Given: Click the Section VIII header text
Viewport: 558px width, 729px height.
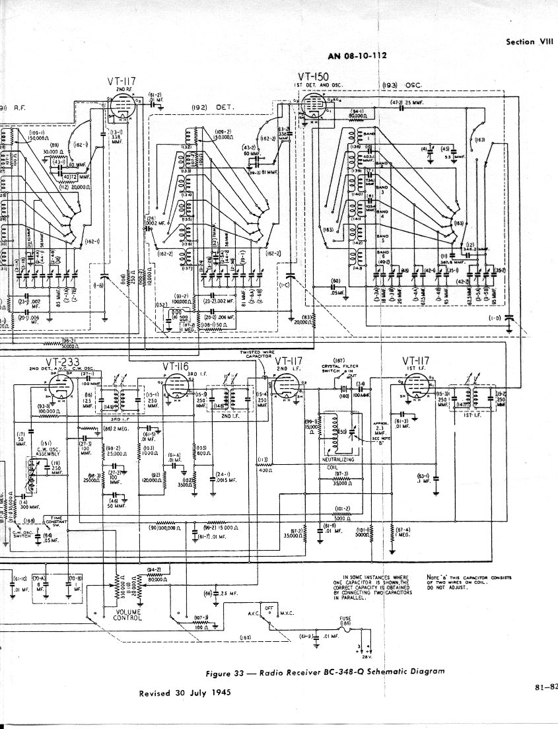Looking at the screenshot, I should pyautogui.click(x=529, y=42).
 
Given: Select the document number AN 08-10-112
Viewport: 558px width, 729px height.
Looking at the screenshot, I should pyautogui.click(x=357, y=56).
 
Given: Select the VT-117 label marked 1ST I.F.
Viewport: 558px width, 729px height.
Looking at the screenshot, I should pyautogui.click(x=415, y=361).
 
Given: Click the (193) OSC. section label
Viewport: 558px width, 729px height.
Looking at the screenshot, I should pyautogui.click(x=402, y=85).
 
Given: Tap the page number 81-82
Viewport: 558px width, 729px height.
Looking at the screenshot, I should pyautogui.click(x=545, y=687).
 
